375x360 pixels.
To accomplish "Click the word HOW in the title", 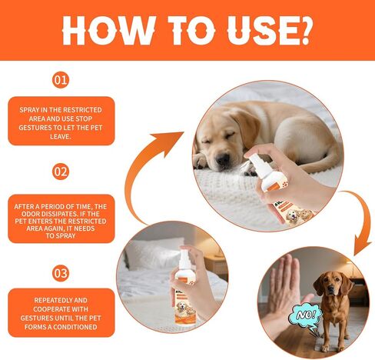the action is coord(108,31).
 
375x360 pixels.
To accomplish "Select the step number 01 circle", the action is coord(61,80).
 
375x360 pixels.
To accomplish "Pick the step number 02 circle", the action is coord(61,172).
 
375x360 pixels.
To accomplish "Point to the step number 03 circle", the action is coord(61,273).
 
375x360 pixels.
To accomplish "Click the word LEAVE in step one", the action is coord(60,137).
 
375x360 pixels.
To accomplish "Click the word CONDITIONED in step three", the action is coord(75,327).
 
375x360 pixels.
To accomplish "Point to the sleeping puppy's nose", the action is coord(223,159).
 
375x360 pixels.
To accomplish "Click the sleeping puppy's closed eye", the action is coord(230,135).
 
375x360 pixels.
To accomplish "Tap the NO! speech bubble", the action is coord(306,316).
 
